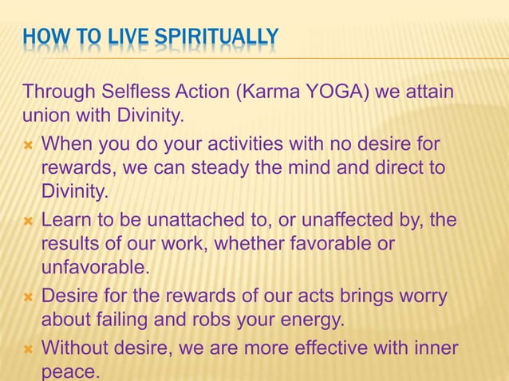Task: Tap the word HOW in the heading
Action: click(40, 37)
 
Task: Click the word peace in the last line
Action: click(70, 371)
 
